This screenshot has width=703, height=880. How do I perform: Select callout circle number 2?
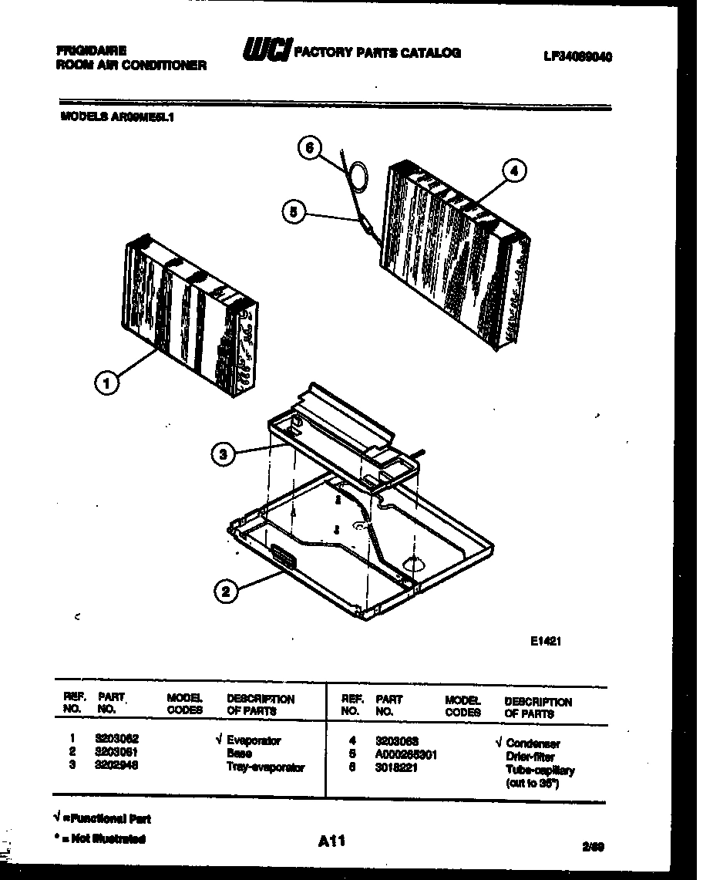point(224,592)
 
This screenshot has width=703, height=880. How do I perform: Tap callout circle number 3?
point(223,455)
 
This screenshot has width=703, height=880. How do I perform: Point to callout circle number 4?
point(516,170)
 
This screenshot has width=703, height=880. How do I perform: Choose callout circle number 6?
point(309,149)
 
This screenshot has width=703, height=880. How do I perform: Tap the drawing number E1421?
point(544,639)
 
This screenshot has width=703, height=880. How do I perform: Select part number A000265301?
point(406,755)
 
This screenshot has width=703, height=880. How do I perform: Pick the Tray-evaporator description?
point(265,767)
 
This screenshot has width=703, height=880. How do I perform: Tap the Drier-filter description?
point(531,757)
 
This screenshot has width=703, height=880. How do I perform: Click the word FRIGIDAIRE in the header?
point(92,50)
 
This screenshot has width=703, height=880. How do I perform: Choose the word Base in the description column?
point(239,754)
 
